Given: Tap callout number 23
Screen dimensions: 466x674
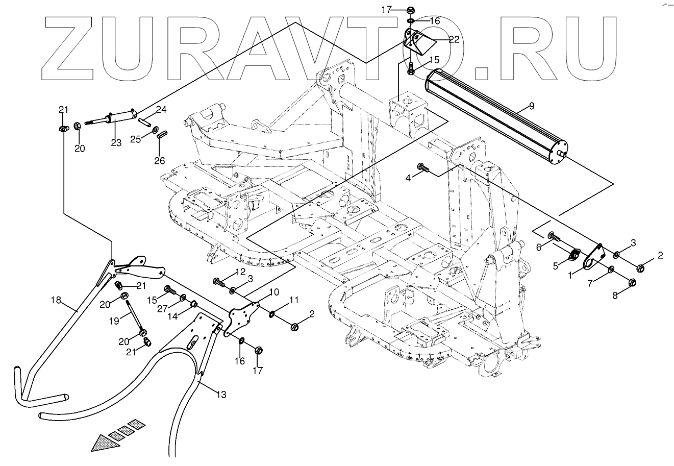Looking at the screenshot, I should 116,143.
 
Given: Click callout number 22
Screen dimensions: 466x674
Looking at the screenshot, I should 454,38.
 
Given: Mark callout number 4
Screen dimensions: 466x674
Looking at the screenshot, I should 408,178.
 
